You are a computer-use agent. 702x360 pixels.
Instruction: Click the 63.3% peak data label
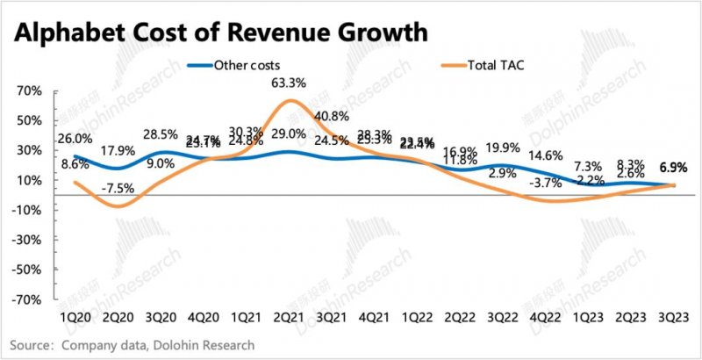coord(289,84)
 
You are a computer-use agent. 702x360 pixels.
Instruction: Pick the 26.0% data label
coord(75,138)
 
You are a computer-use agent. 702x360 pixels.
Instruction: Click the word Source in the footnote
coord(30,344)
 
